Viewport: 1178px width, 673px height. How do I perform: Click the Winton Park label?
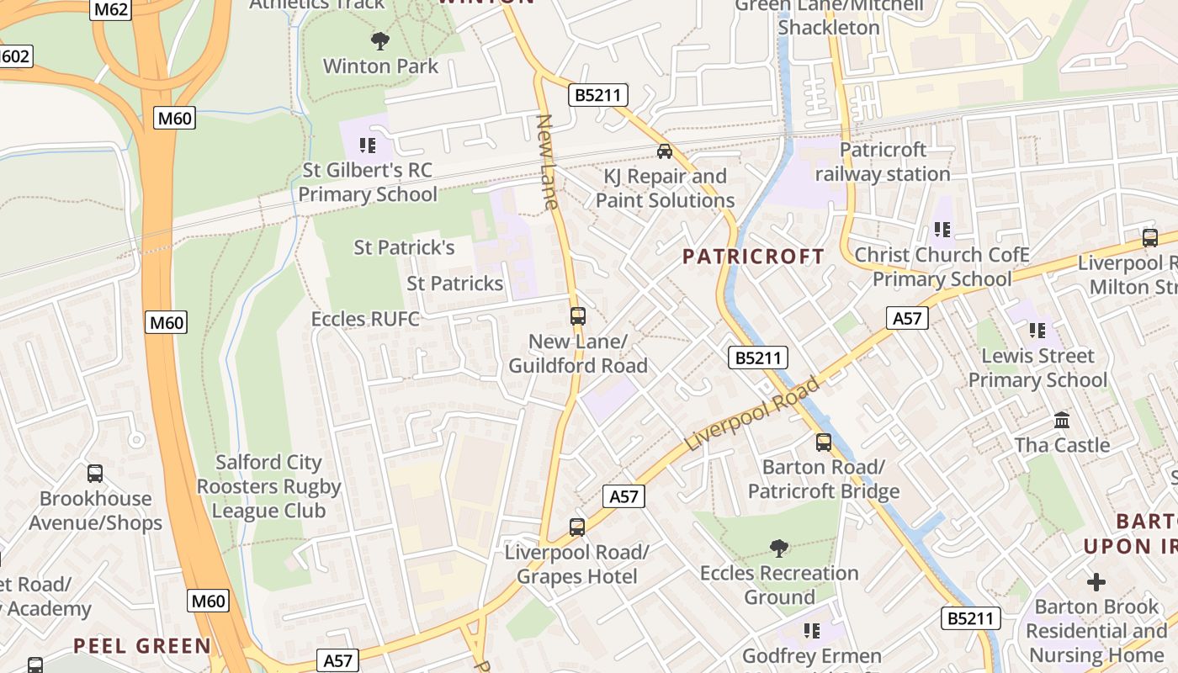point(381,66)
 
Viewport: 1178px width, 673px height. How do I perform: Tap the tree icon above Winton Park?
point(380,40)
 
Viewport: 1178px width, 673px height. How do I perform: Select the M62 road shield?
point(110,10)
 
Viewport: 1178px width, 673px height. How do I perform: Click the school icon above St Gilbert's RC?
point(368,146)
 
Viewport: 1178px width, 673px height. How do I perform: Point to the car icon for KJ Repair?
point(665,151)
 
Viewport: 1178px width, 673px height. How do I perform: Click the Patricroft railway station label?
point(883,162)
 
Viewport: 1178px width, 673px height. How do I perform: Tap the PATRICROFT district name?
point(753,257)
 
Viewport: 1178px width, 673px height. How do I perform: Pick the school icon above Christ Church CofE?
point(942,229)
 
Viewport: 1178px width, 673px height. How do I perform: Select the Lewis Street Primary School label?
point(1037,368)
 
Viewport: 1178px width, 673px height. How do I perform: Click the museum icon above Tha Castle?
point(1062,420)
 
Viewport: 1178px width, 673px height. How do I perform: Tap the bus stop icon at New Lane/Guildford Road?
point(577,316)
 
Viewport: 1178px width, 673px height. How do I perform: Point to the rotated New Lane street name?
point(548,162)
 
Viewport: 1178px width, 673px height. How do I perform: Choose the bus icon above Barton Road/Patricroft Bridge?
point(824,442)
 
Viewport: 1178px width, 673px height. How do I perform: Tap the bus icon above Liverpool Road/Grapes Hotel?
point(576,527)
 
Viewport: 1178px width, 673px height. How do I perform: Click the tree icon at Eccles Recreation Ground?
point(779,548)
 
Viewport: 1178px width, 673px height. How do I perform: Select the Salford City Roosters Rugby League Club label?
point(268,486)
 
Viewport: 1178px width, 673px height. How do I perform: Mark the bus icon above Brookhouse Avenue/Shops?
point(95,474)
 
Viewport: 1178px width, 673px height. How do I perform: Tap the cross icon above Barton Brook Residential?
point(1096,581)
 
